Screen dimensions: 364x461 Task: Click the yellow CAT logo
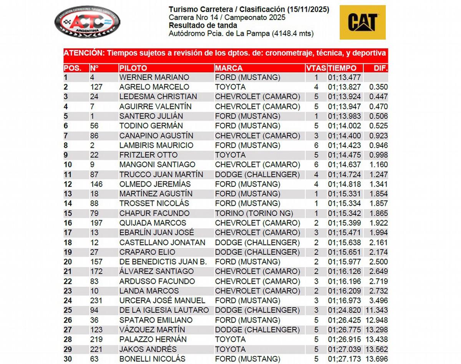coord(363,22)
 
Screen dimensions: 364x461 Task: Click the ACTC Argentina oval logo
coord(87,22)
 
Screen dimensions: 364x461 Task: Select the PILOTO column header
coord(133,68)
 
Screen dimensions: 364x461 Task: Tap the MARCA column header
coord(229,68)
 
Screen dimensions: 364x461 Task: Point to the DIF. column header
coord(381,68)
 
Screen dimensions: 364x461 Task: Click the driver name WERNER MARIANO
coord(154,77)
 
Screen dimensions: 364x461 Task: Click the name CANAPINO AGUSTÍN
coord(156,136)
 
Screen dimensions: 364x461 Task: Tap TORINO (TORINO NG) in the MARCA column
coord(254,213)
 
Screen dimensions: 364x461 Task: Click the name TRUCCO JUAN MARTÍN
coord(161,175)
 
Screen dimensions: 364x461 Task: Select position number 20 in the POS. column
coord(68,262)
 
